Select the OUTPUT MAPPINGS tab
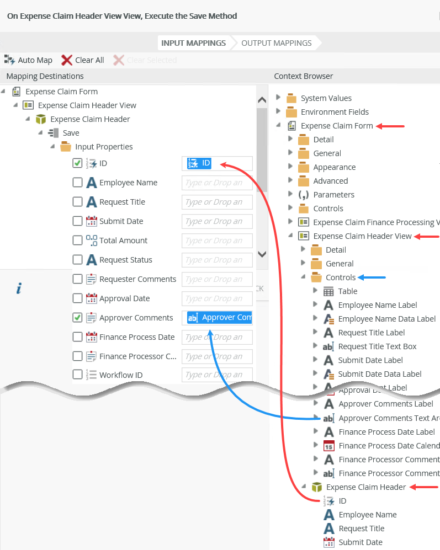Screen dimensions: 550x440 click(x=276, y=43)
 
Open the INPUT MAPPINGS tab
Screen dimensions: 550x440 click(x=193, y=43)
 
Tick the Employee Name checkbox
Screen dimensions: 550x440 click(x=78, y=183)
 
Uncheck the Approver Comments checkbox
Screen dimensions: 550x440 click(x=78, y=318)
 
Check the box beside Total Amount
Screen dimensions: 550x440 click(x=78, y=241)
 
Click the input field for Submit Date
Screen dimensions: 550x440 click(x=216, y=221)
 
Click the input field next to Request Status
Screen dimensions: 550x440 click(x=216, y=260)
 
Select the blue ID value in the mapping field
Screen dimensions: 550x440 click(x=199, y=163)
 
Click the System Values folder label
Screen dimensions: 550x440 click(x=326, y=98)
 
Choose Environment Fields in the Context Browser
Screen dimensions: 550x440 click(x=335, y=112)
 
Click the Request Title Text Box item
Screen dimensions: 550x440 click(x=377, y=346)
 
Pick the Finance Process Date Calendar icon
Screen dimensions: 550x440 click(x=329, y=446)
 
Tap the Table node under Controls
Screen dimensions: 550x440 click(x=347, y=291)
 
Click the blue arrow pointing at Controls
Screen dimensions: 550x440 click(x=373, y=277)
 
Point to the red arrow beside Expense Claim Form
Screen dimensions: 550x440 click(x=391, y=126)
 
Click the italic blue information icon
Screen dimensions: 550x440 click(x=19, y=289)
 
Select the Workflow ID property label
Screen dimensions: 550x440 click(x=121, y=375)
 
